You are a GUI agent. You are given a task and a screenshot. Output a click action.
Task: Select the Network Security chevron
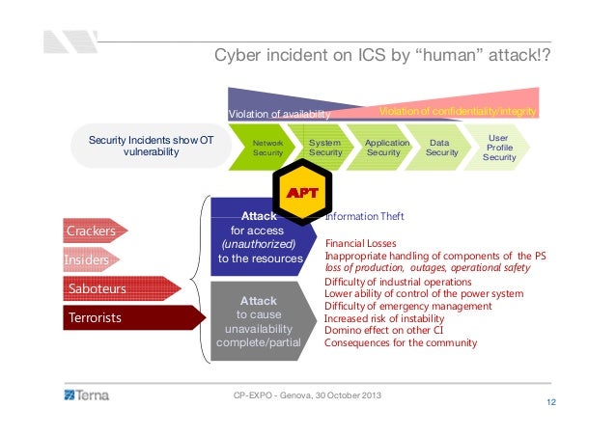coord(267,148)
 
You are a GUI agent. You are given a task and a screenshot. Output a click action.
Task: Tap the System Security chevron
coord(325,148)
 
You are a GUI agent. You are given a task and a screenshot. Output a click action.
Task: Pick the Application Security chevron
coord(384,148)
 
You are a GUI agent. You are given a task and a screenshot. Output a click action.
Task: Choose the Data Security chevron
coord(442,148)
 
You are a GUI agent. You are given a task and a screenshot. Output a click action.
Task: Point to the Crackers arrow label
coord(92,231)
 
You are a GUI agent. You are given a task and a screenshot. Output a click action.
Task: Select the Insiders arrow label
coord(87,259)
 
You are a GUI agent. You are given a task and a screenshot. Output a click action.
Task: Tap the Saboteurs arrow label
coord(104,287)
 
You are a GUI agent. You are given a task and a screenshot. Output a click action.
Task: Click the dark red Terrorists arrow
coord(114,315)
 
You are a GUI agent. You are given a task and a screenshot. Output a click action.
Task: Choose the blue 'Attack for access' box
coord(260,237)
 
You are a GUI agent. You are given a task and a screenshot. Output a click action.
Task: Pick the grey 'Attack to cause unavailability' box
coord(258,321)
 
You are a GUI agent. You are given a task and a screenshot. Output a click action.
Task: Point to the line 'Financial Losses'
coord(371,244)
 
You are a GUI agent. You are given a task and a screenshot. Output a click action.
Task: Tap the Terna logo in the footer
coord(87,394)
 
